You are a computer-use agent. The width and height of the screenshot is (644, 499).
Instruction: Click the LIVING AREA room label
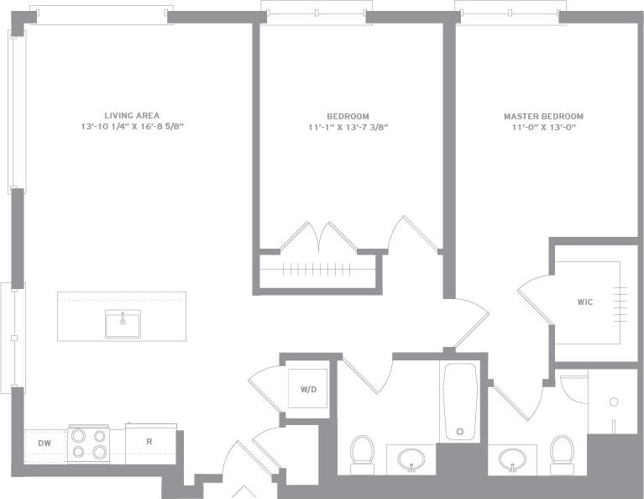point(132,116)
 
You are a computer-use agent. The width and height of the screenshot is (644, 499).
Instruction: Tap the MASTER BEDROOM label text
point(543,117)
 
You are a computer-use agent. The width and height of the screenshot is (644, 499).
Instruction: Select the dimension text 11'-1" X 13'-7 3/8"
point(348,128)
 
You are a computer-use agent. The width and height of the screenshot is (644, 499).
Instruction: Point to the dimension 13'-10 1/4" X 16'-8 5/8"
point(132,127)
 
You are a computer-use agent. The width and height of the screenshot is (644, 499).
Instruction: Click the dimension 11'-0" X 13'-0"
point(543,128)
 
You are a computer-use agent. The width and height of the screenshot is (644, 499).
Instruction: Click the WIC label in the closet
point(584,302)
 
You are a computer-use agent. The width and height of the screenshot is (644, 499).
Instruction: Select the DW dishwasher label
point(45,442)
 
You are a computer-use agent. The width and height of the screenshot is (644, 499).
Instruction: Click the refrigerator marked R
point(149,442)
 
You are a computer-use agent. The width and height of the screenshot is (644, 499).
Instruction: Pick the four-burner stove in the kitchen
point(88,444)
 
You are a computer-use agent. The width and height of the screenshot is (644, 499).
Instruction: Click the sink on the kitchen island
point(123,323)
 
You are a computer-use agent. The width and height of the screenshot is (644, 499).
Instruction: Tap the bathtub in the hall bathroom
point(459,402)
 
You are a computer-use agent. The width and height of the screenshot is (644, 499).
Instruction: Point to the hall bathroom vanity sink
point(411,459)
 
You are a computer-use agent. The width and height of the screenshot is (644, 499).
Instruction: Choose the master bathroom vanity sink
point(512,459)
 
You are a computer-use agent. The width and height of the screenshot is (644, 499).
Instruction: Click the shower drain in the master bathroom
point(614,402)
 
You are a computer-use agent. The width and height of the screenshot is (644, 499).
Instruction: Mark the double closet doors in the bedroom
point(318,237)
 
